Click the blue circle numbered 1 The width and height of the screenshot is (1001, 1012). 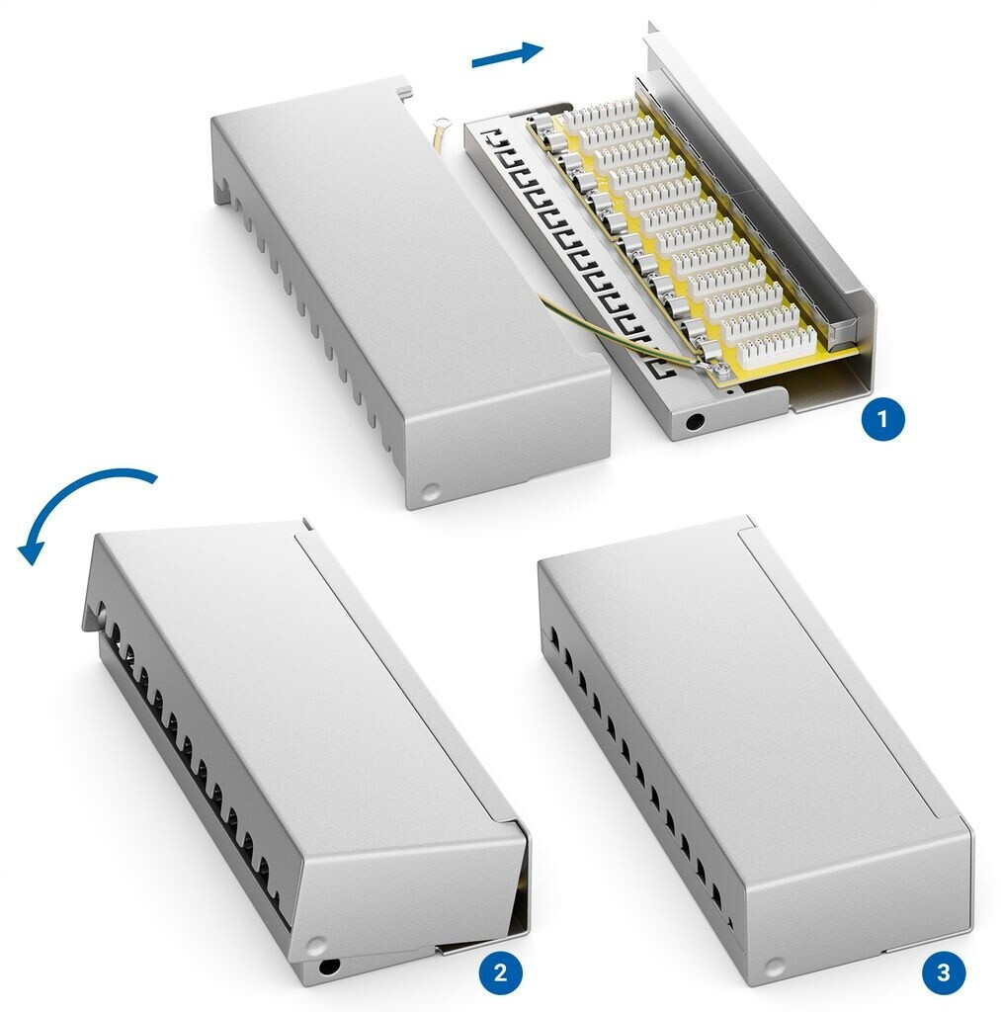[882, 420]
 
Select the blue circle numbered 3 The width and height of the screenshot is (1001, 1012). [944, 972]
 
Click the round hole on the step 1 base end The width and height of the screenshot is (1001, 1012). [695, 423]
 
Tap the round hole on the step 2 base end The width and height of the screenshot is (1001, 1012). [329, 967]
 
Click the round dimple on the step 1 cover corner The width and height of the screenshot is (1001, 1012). [431, 492]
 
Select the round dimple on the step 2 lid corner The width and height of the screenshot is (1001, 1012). [316, 947]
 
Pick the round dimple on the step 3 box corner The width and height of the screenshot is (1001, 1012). [775, 967]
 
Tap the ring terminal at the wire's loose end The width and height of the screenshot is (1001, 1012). [442, 122]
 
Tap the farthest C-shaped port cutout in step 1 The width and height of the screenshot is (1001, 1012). [496, 137]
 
